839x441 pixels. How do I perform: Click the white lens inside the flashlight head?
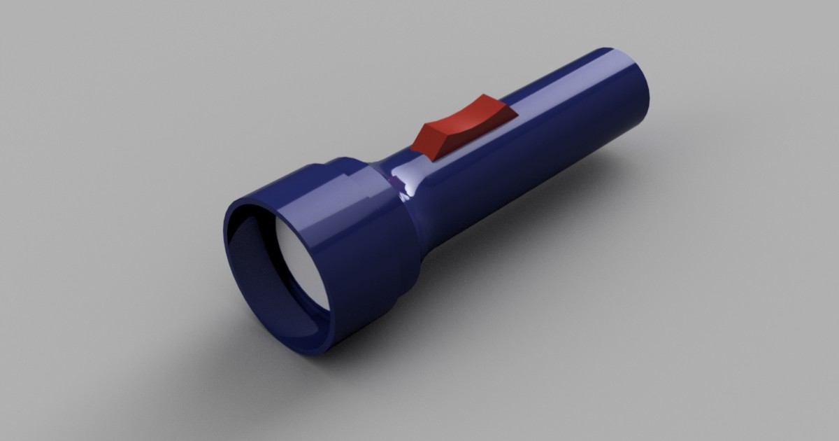297,266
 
